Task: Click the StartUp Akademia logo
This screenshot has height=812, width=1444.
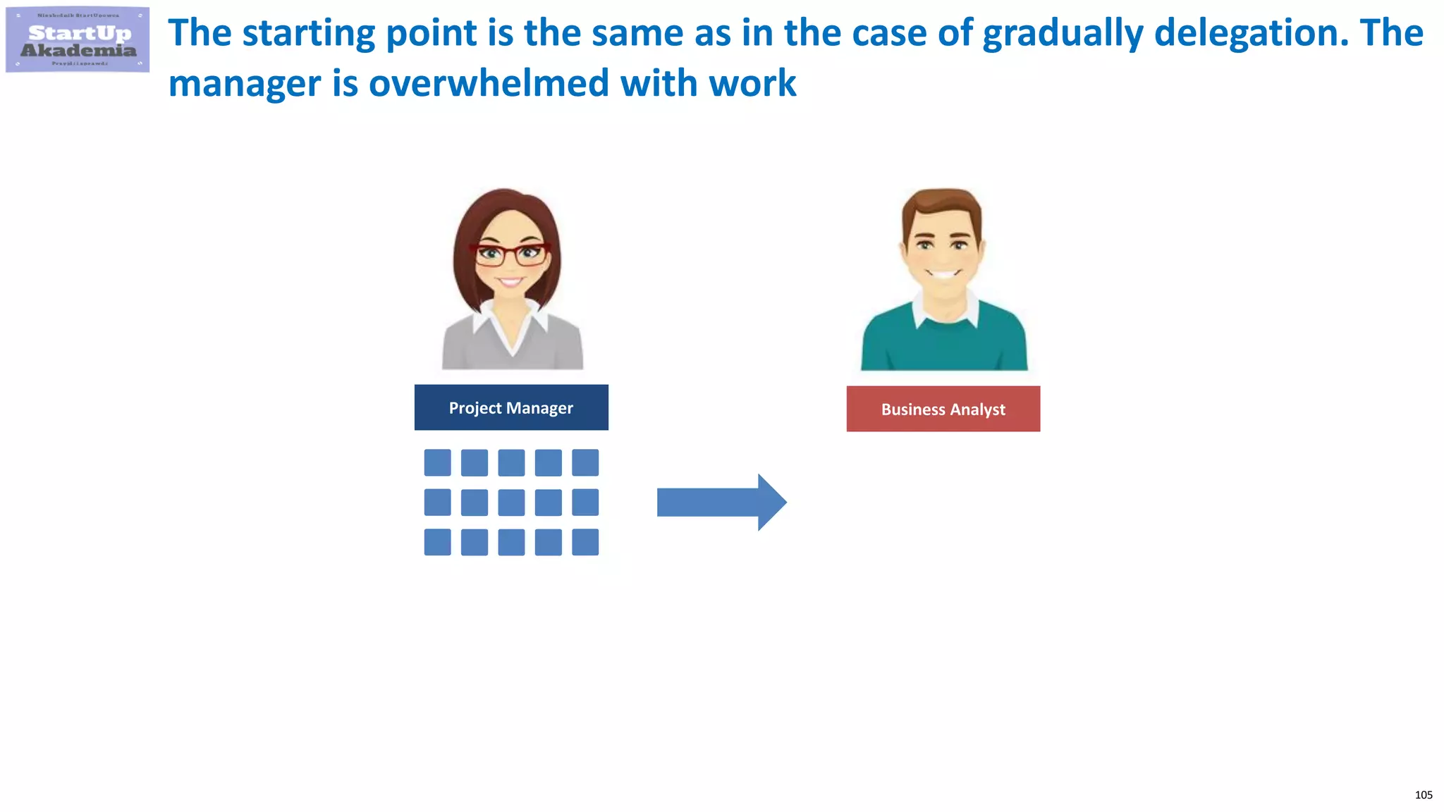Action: pos(78,40)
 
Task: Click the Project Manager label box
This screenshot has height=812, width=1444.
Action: pos(511,407)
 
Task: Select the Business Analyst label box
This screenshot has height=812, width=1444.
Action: pos(943,409)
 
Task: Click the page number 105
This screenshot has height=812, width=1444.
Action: pos(1423,795)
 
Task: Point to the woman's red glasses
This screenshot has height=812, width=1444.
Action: pos(511,254)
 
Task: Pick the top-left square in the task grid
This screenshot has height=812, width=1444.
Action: pos(437,463)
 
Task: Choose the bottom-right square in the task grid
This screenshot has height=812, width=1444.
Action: pos(585,542)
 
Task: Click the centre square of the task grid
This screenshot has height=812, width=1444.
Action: pos(511,503)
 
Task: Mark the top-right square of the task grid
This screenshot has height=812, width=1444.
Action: pos(585,463)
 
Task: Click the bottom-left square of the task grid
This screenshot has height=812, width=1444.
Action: pos(437,542)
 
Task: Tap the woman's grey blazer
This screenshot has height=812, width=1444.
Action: pos(465,345)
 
